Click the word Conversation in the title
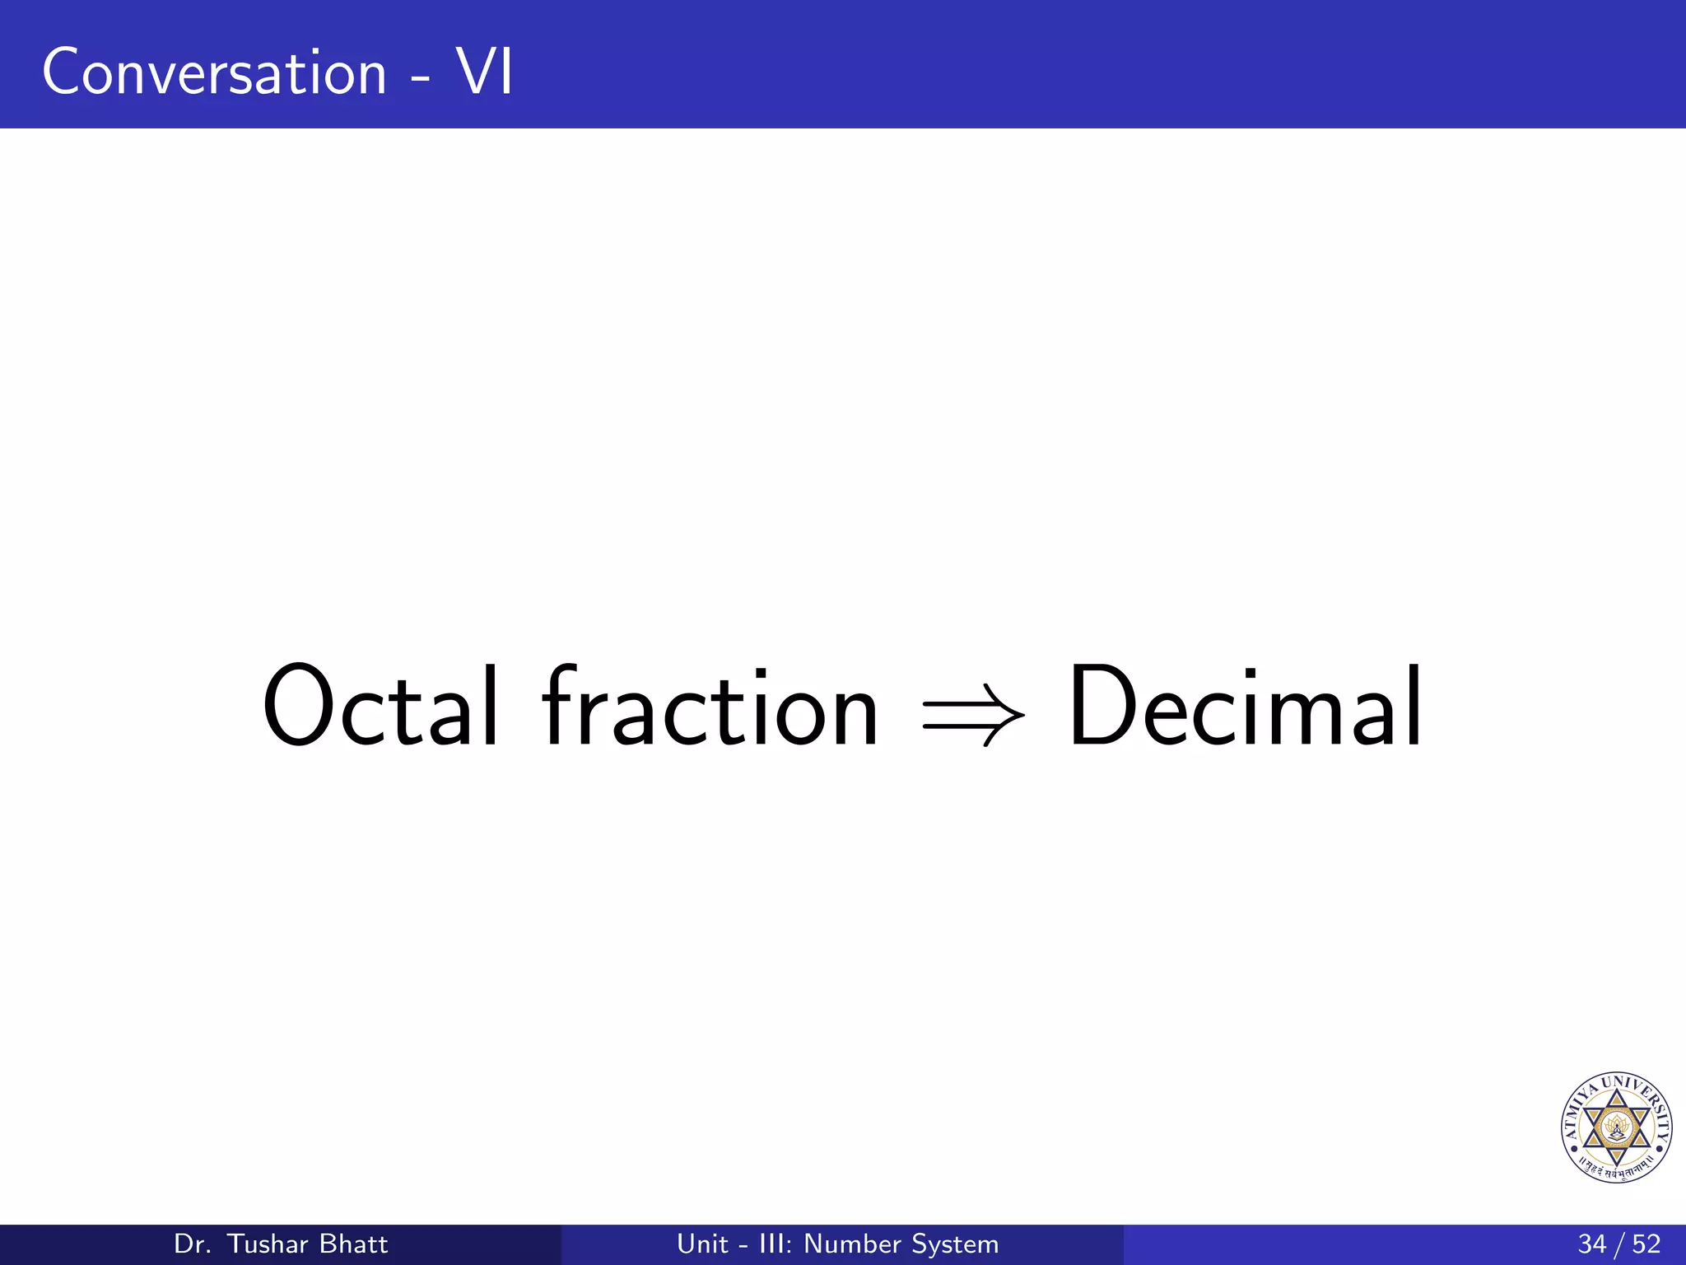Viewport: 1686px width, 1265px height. [214, 72]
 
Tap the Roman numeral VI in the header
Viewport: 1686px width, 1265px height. [485, 72]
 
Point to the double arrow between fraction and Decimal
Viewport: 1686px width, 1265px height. [973, 713]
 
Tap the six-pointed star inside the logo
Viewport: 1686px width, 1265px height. [1616, 1127]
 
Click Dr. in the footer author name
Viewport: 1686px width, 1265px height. [193, 1244]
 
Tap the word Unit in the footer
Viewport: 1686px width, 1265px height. [702, 1244]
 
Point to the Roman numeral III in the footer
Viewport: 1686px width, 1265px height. [774, 1244]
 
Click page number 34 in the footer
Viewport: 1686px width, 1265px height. [1591, 1244]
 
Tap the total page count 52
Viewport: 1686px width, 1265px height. [1646, 1244]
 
